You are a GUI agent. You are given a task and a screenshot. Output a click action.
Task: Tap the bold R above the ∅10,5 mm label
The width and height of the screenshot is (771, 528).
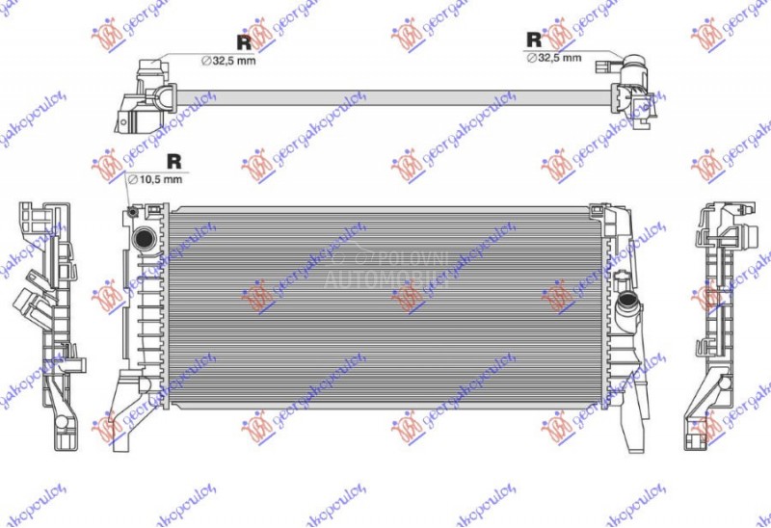pos(174,161)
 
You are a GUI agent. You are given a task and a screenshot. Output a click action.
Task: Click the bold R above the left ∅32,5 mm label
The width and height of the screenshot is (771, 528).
pos(244,41)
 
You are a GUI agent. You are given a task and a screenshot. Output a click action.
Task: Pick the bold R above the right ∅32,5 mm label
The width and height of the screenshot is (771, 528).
pos(533,40)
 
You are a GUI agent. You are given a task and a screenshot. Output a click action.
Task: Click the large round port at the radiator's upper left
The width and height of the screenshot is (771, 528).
pos(145,238)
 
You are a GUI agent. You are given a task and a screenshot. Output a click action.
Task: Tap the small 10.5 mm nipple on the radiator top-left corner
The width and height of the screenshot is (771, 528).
pos(129,210)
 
